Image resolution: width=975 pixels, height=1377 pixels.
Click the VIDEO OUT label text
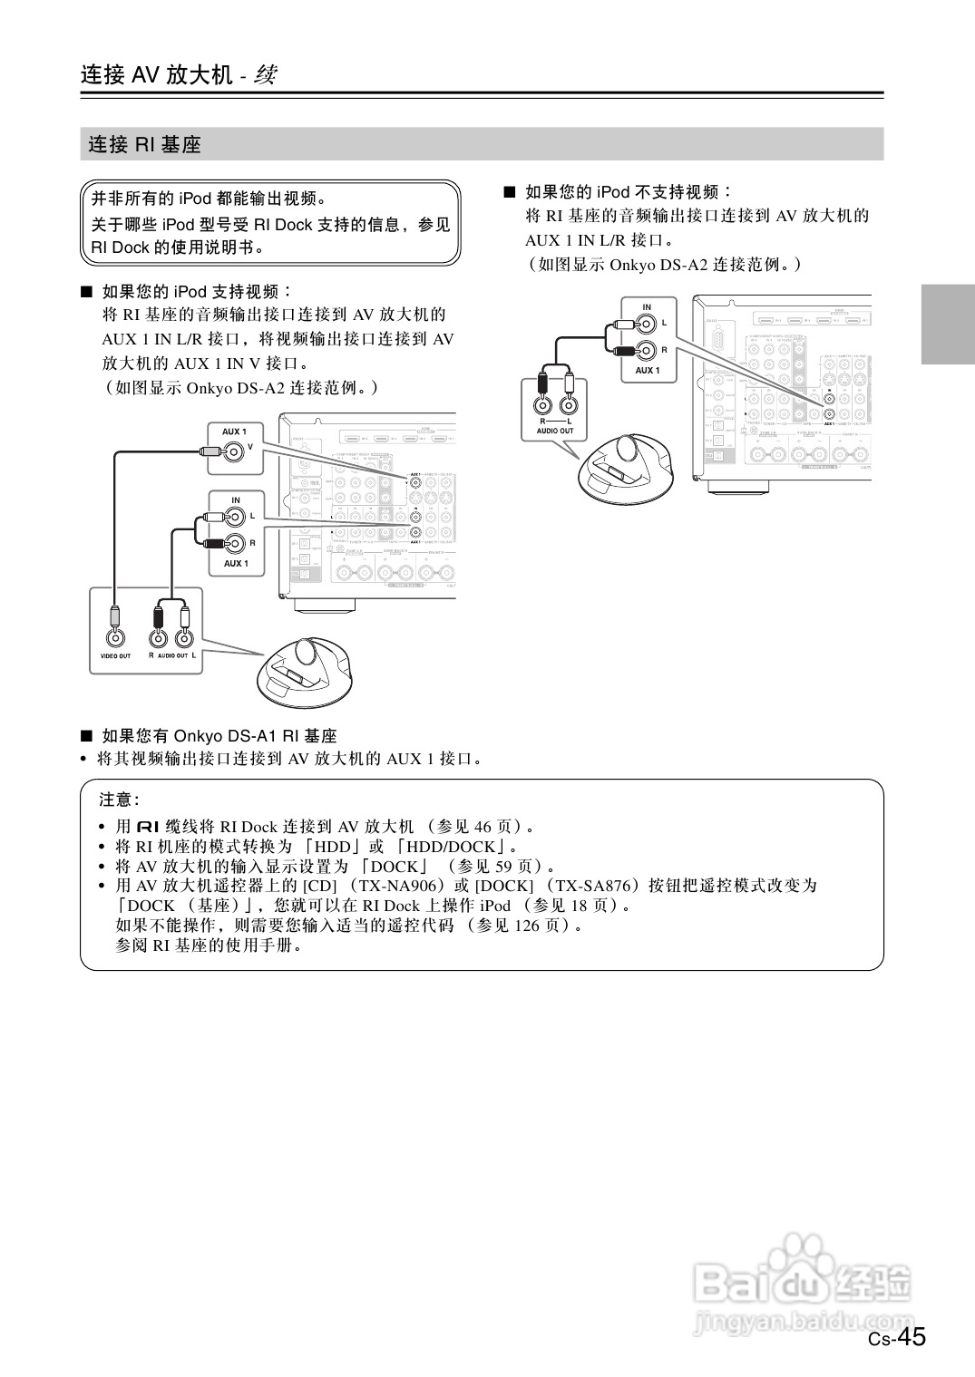(115, 656)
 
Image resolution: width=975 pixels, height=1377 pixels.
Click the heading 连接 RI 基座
(144, 144)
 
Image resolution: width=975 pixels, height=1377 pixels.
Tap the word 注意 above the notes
(117, 800)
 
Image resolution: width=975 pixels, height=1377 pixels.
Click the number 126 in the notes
(527, 926)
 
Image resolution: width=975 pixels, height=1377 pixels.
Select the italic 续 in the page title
(265, 74)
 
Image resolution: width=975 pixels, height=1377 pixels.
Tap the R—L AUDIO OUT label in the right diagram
(555, 426)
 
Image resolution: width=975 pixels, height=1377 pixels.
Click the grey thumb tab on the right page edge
(948, 324)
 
